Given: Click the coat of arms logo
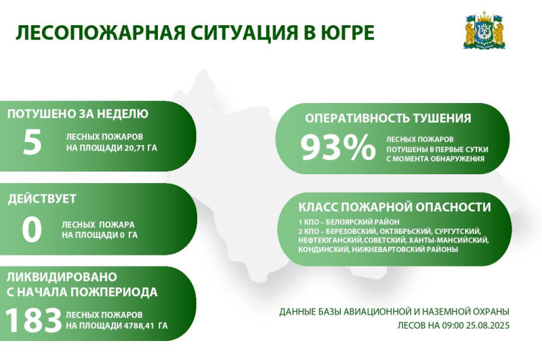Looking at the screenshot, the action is (484, 31).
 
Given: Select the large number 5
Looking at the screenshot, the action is (32, 142).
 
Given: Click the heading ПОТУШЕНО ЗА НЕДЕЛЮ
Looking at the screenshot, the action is (78, 114).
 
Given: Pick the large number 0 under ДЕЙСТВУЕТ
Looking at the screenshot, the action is (32, 229).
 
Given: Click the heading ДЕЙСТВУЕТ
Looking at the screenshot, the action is (42, 199).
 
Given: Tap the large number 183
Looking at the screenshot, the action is (33, 320).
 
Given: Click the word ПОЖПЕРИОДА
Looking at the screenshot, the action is (114, 292).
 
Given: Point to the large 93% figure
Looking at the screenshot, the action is (337, 148).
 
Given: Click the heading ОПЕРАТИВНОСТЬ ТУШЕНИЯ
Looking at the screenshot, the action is (388, 118).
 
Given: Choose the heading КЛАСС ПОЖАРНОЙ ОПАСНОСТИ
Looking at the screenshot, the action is (394, 207).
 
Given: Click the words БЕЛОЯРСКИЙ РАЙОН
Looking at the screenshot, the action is (362, 222).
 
